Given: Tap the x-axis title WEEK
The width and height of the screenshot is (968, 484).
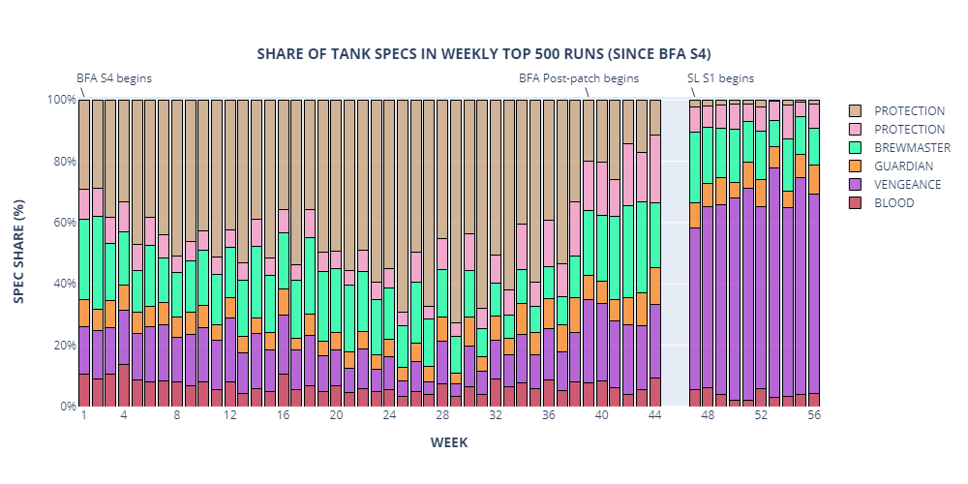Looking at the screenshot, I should click(449, 442).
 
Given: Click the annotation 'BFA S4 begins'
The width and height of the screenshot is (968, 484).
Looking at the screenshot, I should click(114, 78).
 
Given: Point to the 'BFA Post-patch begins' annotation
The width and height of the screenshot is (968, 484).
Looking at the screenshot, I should click(579, 78).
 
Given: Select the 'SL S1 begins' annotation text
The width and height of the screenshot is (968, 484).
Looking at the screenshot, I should click(720, 78).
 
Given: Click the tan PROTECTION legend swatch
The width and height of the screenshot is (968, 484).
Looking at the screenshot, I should click(857, 111).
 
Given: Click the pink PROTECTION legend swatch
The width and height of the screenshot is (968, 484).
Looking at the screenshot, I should click(857, 130).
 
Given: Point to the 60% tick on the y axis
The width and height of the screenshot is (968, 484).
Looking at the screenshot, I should click(62, 223).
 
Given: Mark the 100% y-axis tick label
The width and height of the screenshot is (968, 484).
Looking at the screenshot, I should click(60, 100).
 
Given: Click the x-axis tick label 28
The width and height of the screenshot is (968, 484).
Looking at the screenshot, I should click(442, 415).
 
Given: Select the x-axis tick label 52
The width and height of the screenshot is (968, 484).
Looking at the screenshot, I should click(761, 415).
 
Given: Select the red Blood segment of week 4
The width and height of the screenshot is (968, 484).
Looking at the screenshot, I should click(124, 384).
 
